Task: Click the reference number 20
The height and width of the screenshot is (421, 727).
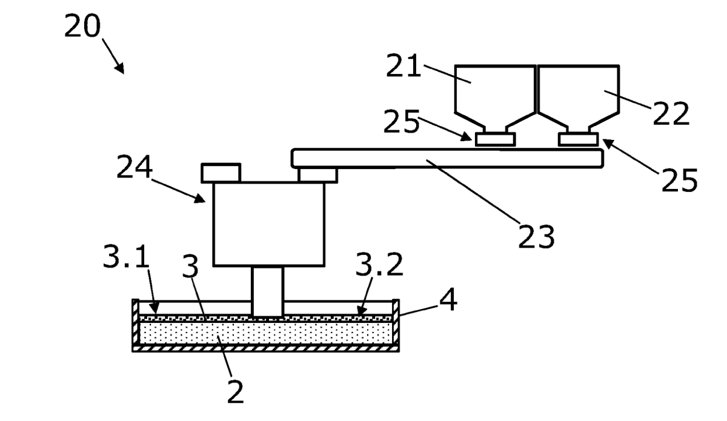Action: pyautogui.click(x=82, y=25)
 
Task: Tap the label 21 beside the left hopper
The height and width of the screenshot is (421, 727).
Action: pyautogui.click(x=403, y=65)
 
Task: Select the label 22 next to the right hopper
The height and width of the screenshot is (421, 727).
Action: pyautogui.click(x=671, y=113)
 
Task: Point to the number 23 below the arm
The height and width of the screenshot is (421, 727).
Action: pyautogui.click(x=536, y=236)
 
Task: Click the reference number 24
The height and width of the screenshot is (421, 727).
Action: pyautogui.click(x=134, y=167)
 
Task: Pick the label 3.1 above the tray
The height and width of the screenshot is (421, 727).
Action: pyautogui.click(x=126, y=256)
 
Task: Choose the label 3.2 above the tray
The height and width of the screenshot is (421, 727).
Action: pyautogui.click(x=379, y=264)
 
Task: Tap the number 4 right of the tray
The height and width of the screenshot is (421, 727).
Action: pyautogui.click(x=448, y=299)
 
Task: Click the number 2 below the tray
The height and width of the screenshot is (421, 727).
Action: pyautogui.click(x=235, y=391)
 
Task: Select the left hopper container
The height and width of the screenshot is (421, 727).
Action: pyautogui.click(x=495, y=98)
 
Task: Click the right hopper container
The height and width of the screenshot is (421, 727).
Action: pyautogui.click(x=578, y=98)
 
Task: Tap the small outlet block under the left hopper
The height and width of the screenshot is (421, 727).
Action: pyautogui.click(x=496, y=139)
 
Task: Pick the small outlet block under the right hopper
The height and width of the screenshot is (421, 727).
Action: pyautogui.click(x=579, y=139)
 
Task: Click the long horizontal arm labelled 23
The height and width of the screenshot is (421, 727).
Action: pyautogui.click(x=447, y=158)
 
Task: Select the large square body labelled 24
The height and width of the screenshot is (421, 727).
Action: pyautogui.click(x=269, y=224)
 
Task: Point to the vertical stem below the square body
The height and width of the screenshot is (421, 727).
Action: pyautogui.click(x=268, y=291)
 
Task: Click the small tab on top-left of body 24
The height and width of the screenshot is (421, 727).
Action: pyautogui.click(x=221, y=173)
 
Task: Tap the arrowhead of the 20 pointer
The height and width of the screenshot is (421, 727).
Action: pyautogui.click(x=121, y=68)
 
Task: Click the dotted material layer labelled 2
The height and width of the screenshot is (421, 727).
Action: pyautogui.click(x=266, y=333)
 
